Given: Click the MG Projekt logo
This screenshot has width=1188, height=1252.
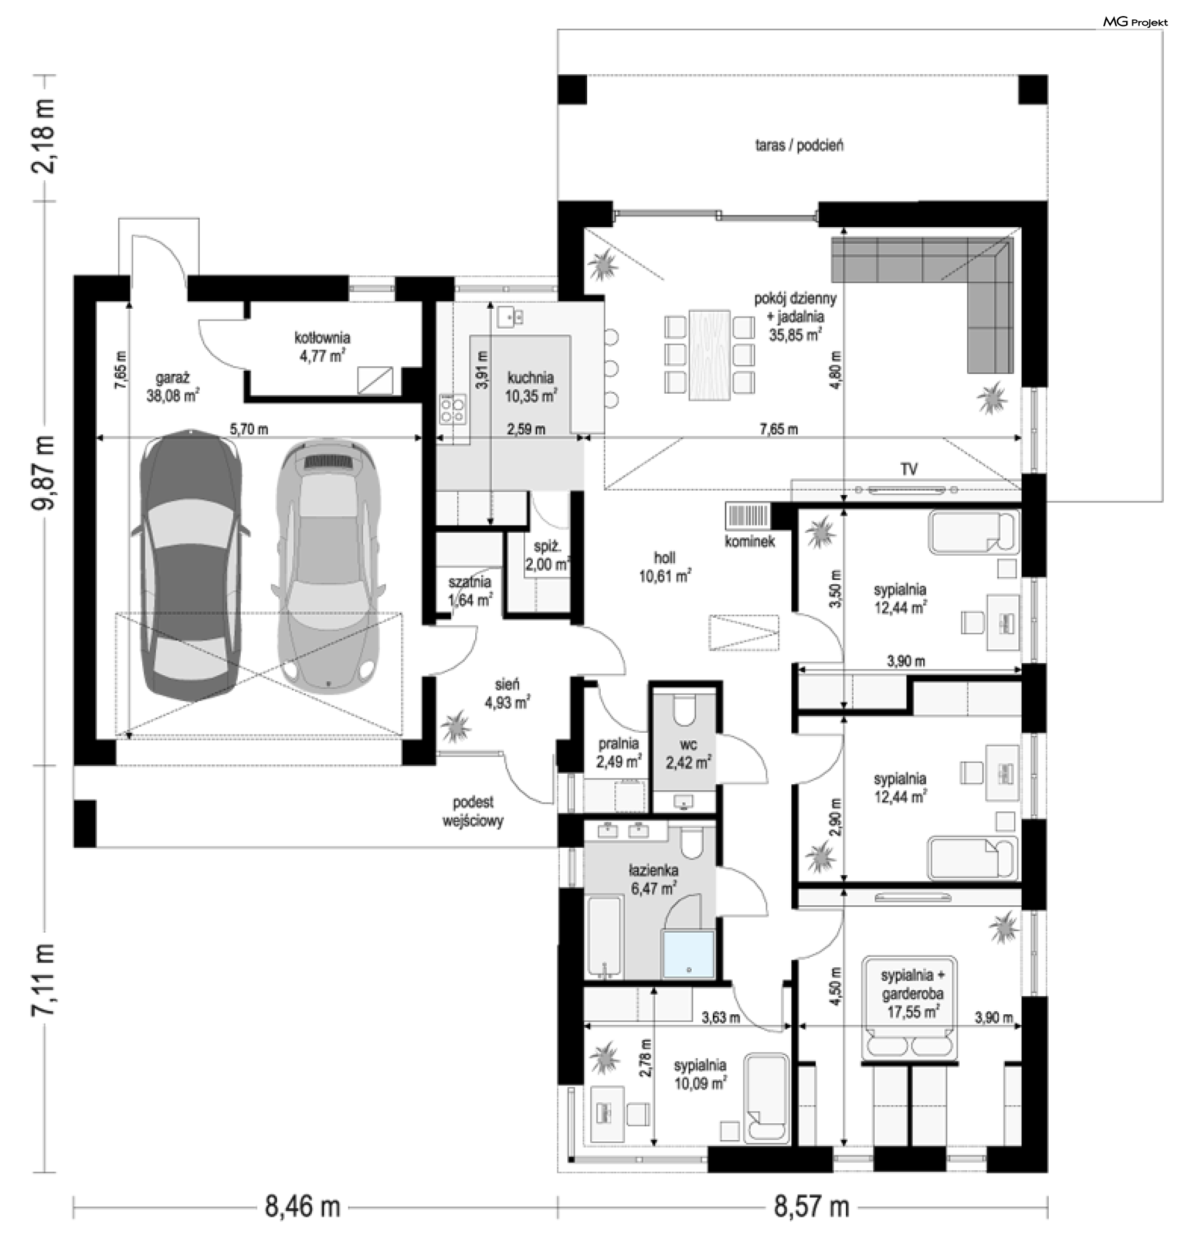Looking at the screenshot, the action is pyautogui.click(x=1135, y=22).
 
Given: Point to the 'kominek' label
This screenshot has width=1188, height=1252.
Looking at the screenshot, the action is pyautogui.click(x=750, y=542).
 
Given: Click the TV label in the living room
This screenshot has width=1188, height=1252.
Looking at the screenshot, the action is pyautogui.click(x=909, y=469).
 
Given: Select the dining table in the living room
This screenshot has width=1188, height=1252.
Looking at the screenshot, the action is pyautogui.click(x=710, y=355).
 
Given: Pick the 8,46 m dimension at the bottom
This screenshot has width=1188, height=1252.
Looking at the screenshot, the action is pyautogui.click(x=302, y=1207).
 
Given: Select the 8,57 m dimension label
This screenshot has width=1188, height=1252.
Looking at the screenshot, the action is pyautogui.click(x=811, y=1207).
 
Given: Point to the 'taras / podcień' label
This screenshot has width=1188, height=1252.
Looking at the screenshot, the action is pyautogui.click(x=799, y=145).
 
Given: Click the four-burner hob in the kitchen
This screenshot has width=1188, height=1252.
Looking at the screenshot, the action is pyautogui.click(x=452, y=408).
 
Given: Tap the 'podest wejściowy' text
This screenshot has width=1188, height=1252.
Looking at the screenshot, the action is pyautogui.click(x=473, y=812).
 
